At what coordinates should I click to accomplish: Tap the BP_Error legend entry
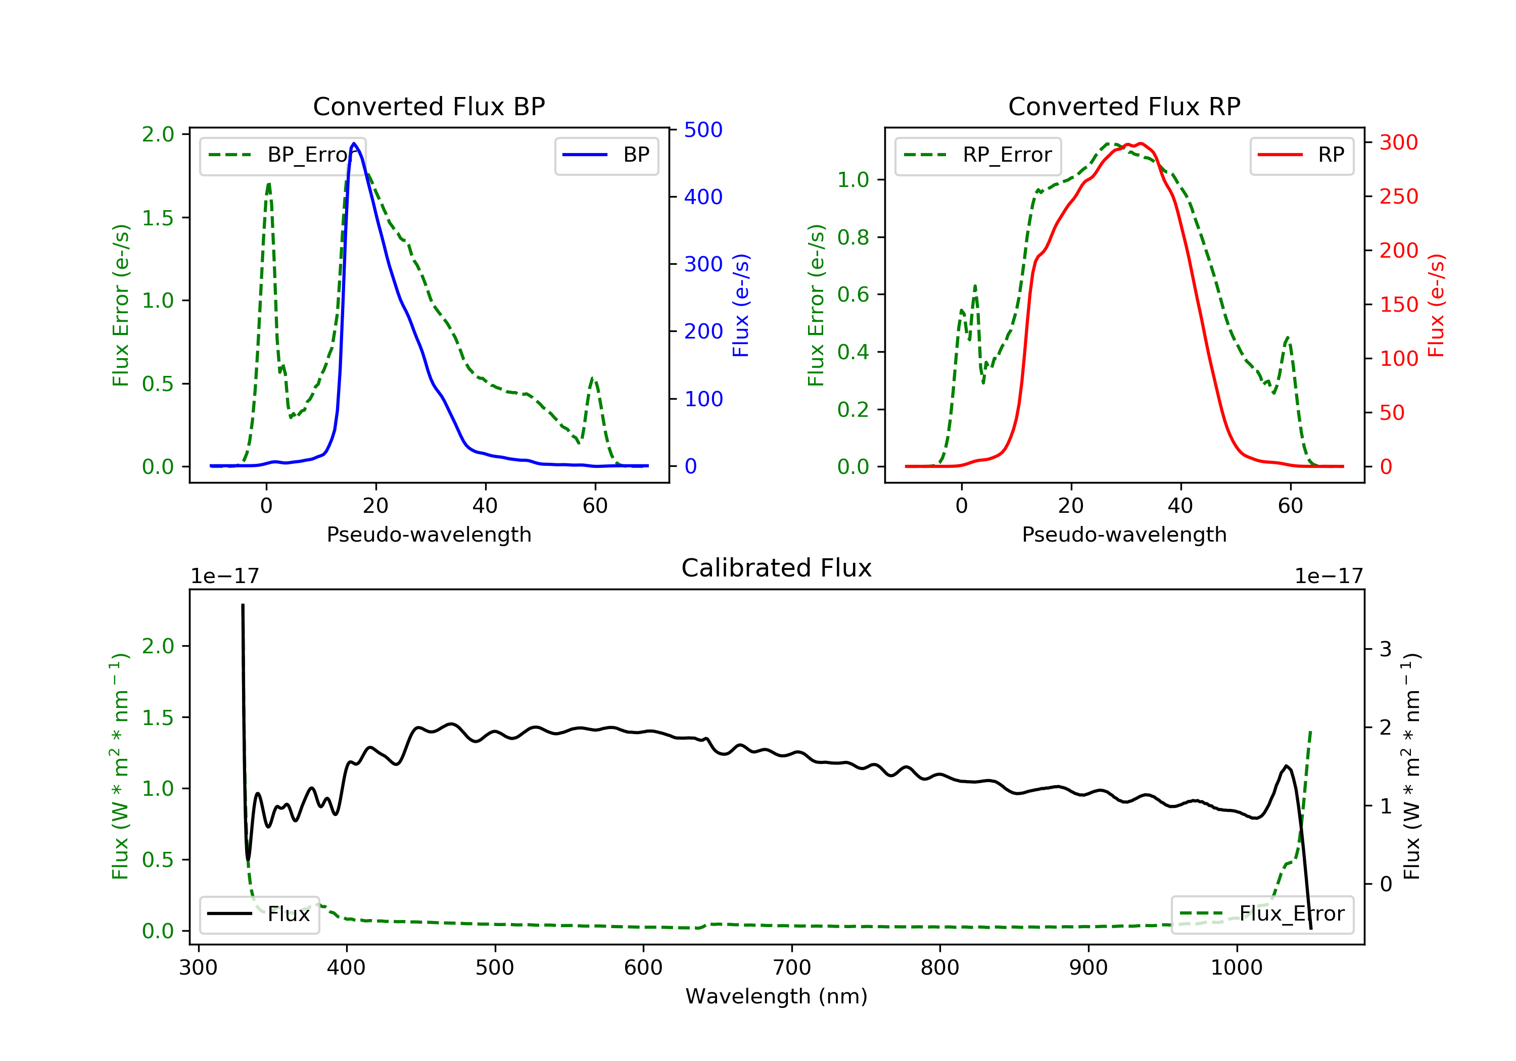point(282,155)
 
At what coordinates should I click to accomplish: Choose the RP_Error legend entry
point(978,155)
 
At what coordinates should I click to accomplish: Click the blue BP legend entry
point(606,155)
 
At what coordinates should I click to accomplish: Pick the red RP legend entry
point(1301,155)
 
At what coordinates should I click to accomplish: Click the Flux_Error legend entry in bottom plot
point(1262,914)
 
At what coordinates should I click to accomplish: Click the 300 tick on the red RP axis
point(1398,142)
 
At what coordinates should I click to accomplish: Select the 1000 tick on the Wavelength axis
point(1236,968)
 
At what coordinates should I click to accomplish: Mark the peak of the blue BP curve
point(354,143)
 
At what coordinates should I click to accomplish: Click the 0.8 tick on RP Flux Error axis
point(852,237)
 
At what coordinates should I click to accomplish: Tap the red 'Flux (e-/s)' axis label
point(1436,306)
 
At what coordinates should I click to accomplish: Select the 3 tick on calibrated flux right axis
point(1385,649)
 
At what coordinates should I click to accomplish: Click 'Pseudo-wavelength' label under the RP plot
point(1124,534)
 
